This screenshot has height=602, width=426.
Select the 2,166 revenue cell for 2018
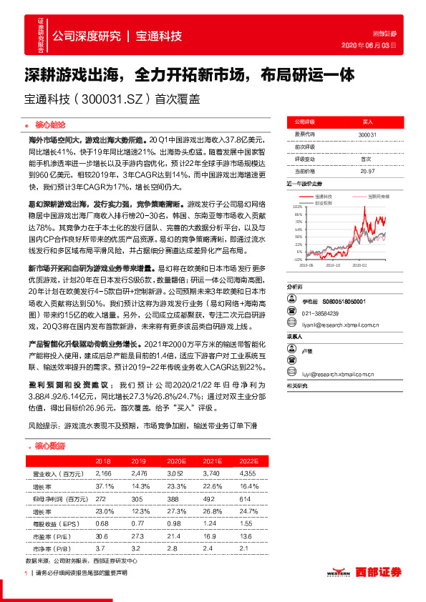click(103, 473)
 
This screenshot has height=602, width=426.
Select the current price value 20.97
click(367, 171)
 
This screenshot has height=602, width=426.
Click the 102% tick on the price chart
click(299, 205)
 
